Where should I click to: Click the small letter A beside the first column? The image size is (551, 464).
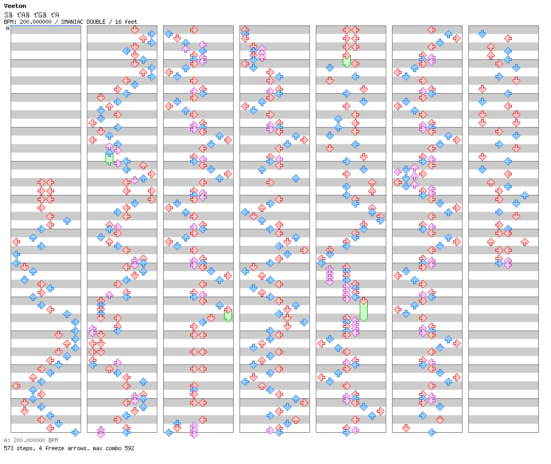[8, 29]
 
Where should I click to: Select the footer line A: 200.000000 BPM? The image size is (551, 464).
[31, 440]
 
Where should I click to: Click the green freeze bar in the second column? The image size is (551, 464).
[109, 158]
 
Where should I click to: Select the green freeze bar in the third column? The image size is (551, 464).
[228, 315]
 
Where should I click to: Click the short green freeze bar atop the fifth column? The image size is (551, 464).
[346, 61]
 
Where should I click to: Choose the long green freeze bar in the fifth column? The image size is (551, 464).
[363, 310]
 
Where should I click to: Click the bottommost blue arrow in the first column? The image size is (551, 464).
[75, 432]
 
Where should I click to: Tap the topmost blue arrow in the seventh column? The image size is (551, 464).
[482, 34]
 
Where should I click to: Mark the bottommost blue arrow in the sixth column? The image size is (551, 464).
[431, 432]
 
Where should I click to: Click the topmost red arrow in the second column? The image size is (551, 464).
[135, 30]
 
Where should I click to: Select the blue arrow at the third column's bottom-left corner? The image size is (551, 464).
[168, 432]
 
